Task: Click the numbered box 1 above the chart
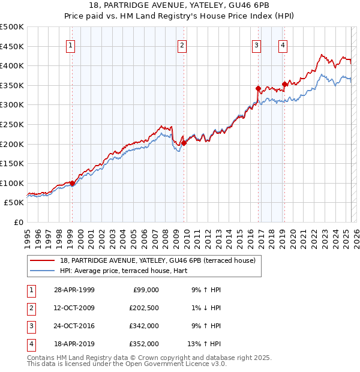point(71,44)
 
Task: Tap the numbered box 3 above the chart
point(256,44)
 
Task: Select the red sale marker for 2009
point(184,143)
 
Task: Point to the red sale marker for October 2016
point(258,88)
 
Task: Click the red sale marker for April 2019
point(284,84)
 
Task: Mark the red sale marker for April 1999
point(72,183)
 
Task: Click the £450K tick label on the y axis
point(12,46)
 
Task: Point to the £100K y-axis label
point(12,183)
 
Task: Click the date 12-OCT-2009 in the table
point(74,308)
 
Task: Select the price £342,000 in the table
point(144,326)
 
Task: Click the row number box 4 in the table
point(30,344)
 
